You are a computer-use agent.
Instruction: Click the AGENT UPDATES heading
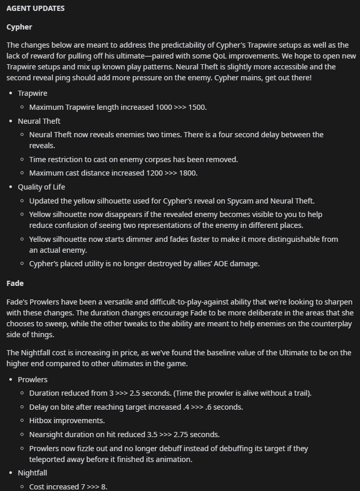(35, 9)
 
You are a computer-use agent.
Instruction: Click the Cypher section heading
(19, 27)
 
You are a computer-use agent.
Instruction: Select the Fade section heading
(15, 283)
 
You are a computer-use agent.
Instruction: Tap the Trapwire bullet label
(32, 93)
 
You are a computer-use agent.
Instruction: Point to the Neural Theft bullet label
(39, 121)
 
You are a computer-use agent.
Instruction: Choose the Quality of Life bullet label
(41, 187)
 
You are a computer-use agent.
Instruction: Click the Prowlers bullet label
(33, 380)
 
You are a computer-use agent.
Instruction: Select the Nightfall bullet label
(33, 473)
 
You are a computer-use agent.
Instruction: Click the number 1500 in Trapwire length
(196, 107)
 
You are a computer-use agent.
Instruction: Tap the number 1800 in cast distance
(188, 173)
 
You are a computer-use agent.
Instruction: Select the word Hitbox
(41, 421)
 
